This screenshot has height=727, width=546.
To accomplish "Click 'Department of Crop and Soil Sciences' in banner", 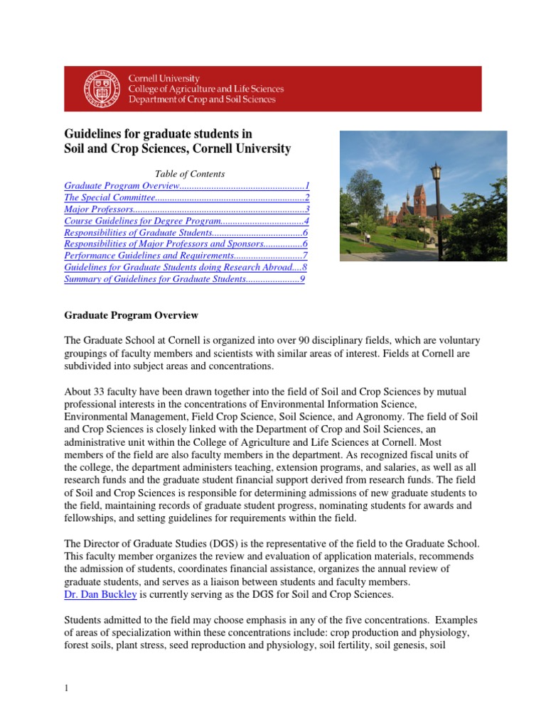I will point(201,100).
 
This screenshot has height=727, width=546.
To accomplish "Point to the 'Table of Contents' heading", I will point(189,174).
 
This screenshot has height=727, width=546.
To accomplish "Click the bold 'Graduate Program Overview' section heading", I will point(132,315).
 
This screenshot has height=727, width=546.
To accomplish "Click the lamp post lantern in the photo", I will point(435,172).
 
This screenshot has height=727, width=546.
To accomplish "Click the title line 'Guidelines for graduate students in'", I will point(159,133).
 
